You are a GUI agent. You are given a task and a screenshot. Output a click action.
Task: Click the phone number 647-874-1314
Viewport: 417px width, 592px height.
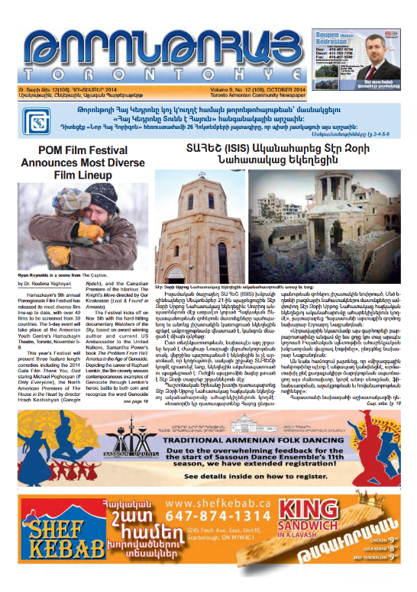(x=221, y=537)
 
